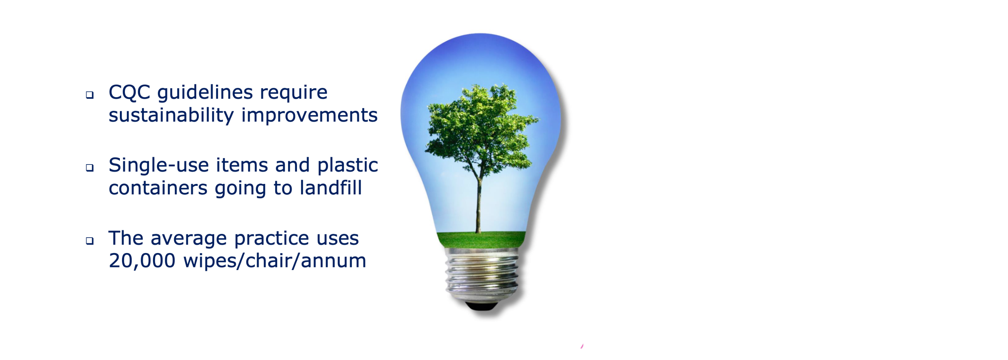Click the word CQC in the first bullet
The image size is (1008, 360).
[129, 93]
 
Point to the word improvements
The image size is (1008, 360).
[310, 116]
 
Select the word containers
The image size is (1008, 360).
[158, 189]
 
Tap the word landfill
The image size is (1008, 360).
[330, 188]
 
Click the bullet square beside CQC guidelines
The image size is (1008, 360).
[90, 95]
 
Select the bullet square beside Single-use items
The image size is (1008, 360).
[90, 168]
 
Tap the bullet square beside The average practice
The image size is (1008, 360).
[90, 240]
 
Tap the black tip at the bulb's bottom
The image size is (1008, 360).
[482, 306]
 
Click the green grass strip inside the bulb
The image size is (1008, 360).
[481, 239]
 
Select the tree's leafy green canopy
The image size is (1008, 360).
[481, 129]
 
